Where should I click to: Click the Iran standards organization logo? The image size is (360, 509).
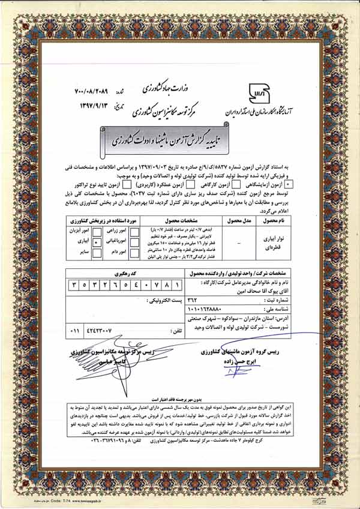[260, 91]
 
